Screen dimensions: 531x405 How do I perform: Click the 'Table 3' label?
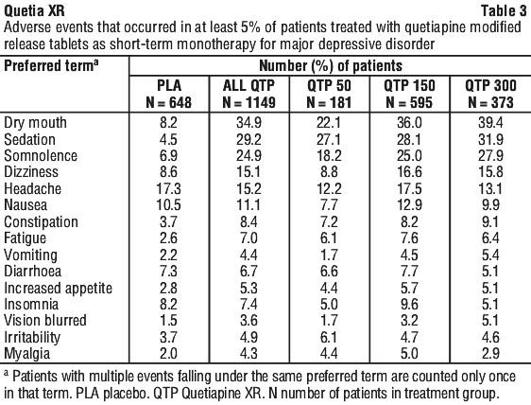coord(504,11)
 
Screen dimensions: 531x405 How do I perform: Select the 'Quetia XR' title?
coord(34,11)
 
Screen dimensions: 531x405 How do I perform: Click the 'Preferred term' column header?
coord(51,65)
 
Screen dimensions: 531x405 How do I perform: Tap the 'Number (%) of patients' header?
coord(331,66)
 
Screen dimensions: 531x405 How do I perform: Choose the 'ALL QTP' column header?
coord(248,85)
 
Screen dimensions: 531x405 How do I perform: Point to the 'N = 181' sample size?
coord(329,102)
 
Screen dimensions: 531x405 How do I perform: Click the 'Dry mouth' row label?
coord(35,123)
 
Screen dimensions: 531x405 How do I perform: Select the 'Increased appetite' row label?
coord(58,289)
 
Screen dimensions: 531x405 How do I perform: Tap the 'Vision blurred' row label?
coord(45,320)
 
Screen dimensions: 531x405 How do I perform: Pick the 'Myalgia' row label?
coord(26,354)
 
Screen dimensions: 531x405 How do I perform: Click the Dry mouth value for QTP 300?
coord(490,122)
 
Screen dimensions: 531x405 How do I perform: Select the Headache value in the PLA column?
coord(168,188)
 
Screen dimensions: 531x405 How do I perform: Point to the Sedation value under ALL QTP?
coord(248,139)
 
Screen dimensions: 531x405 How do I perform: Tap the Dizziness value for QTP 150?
coord(409,172)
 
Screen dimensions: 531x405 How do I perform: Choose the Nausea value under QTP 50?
coord(329,205)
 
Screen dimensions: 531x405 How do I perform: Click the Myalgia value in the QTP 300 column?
coord(490,354)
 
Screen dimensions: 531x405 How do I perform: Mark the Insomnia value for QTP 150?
coord(409,304)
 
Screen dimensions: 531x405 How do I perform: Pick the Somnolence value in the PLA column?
coord(168,156)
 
